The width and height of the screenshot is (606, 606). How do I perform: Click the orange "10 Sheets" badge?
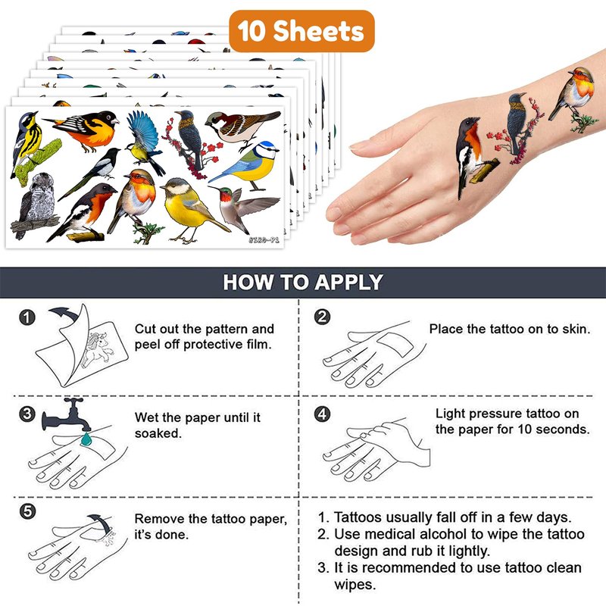tap(301, 31)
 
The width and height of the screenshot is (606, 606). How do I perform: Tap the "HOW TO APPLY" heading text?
tap(303, 282)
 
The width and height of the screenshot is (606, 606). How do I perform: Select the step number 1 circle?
tap(27, 317)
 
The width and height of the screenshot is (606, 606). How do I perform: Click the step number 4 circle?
tap(323, 414)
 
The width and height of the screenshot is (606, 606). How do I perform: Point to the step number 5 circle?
tap(27, 511)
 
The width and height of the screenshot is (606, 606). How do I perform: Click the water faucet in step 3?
tap(66, 414)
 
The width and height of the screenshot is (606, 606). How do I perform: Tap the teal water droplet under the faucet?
tap(86, 439)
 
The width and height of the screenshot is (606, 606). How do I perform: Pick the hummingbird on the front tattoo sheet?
tap(244, 209)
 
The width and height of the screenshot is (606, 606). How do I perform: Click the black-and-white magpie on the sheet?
tap(92, 171)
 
